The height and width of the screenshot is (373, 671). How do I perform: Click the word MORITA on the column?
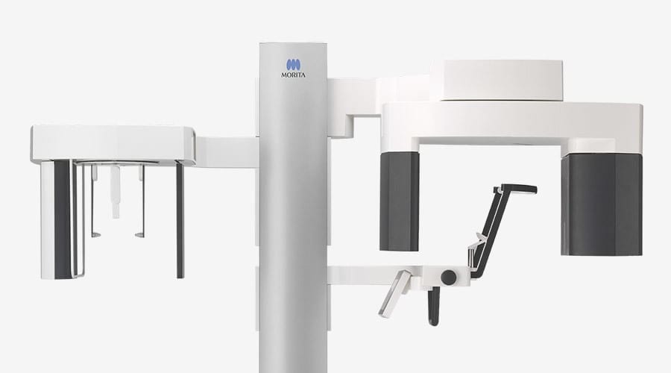[x=293, y=75]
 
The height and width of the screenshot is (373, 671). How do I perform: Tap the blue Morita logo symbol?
[x=293, y=65]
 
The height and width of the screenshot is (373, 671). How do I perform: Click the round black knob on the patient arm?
[x=449, y=277]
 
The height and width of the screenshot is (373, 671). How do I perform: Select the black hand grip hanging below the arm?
[x=433, y=306]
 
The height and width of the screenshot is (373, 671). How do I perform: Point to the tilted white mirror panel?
[x=394, y=294]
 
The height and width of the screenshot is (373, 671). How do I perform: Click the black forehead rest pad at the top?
[x=519, y=189]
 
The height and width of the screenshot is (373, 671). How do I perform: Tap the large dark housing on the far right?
[x=601, y=204]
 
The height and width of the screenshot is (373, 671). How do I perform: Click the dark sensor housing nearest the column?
[x=400, y=201]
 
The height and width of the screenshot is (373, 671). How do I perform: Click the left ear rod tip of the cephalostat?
[x=96, y=235]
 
